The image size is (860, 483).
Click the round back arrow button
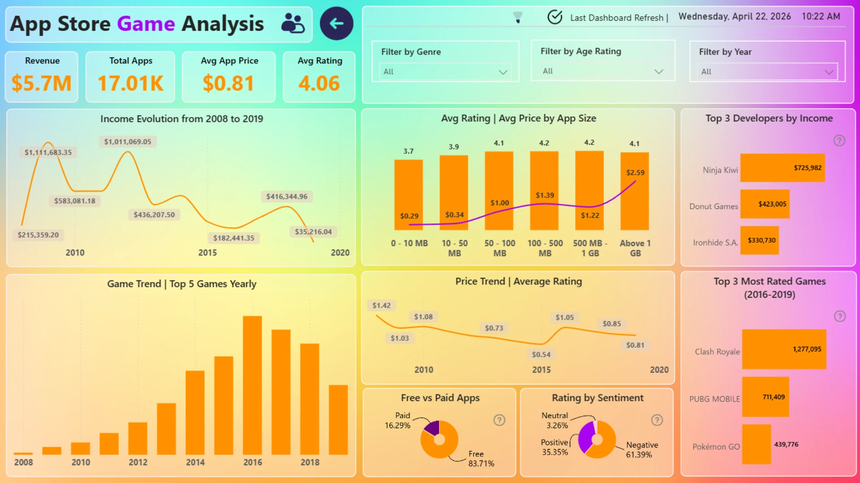(x=336, y=23)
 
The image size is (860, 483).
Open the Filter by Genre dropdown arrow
(x=503, y=72)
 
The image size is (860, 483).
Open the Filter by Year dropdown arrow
(x=829, y=72)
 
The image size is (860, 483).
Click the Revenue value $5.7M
(x=42, y=83)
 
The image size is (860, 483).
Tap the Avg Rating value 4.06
(x=319, y=83)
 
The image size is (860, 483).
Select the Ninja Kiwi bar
(x=782, y=168)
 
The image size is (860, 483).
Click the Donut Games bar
(x=765, y=204)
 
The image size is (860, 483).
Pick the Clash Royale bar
(x=784, y=349)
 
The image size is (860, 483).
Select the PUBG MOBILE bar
(x=765, y=397)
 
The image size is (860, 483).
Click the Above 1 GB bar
(x=634, y=191)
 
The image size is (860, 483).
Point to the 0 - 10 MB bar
(x=408, y=195)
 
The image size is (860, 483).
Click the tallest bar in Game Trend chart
(x=252, y=385)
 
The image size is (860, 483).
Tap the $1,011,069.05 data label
(x=128, y=142)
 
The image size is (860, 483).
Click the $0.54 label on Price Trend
(x=541, y=355)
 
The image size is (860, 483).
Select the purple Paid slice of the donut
(x=432, y=428)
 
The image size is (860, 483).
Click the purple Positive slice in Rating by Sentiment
(x=585, y=437)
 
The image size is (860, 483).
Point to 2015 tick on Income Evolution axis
(x=207, y=253)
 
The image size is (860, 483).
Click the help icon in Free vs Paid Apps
(x=499, y=420)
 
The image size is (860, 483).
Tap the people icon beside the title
(x=292, y=23)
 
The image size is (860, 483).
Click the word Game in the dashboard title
(x=146, y=24)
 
